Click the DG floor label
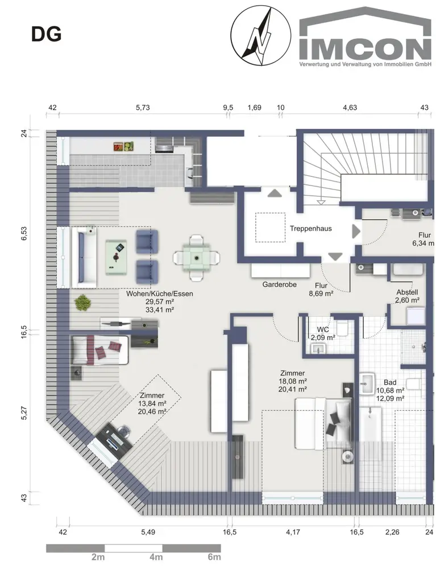click(47, 35)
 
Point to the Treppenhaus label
click(310, 229)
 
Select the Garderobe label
click(280, 284)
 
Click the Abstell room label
click(407, 292)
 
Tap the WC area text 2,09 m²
click(322, 337)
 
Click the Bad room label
click(390, 382)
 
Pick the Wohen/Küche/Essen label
click(160, 294)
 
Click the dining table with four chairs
click(197, 258)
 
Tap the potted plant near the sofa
click(82, 303)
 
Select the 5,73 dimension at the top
click(143, 108)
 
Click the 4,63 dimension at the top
click(350, 108)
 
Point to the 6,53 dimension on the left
click(24, 233)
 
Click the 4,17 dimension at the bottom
click(293, 532)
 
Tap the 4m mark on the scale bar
click(156, 557)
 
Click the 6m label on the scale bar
click(214, 557)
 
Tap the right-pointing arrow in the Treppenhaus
click(356, 232)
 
